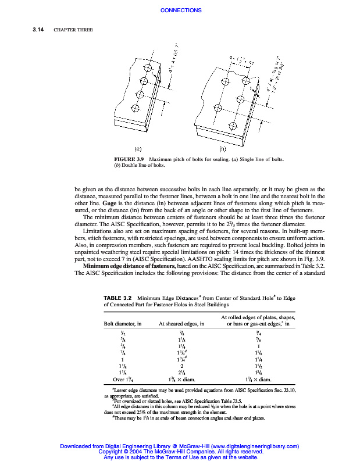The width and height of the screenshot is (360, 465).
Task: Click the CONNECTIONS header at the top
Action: coord(180,10)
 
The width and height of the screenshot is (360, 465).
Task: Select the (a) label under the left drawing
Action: coord(140,148)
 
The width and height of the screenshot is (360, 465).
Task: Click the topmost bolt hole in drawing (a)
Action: coord(148,69)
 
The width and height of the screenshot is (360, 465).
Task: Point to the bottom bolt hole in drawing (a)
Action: coord(135,108)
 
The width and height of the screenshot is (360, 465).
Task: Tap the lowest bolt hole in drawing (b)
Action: coord(217,108)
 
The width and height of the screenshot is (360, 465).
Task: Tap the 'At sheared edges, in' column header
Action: coord(181,324)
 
